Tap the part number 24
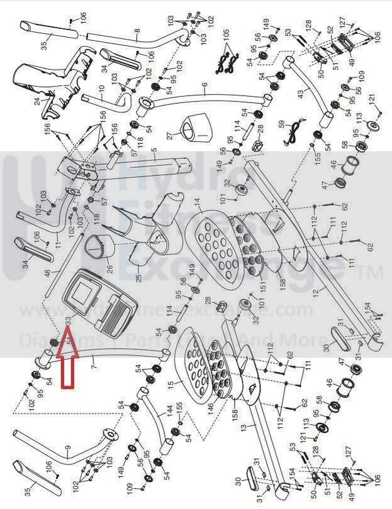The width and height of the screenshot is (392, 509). coord(37,101)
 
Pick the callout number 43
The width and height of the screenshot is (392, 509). coord(300,93)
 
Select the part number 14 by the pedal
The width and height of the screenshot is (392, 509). coord(197,202)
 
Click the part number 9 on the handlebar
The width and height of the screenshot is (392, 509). coord(68,450)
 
